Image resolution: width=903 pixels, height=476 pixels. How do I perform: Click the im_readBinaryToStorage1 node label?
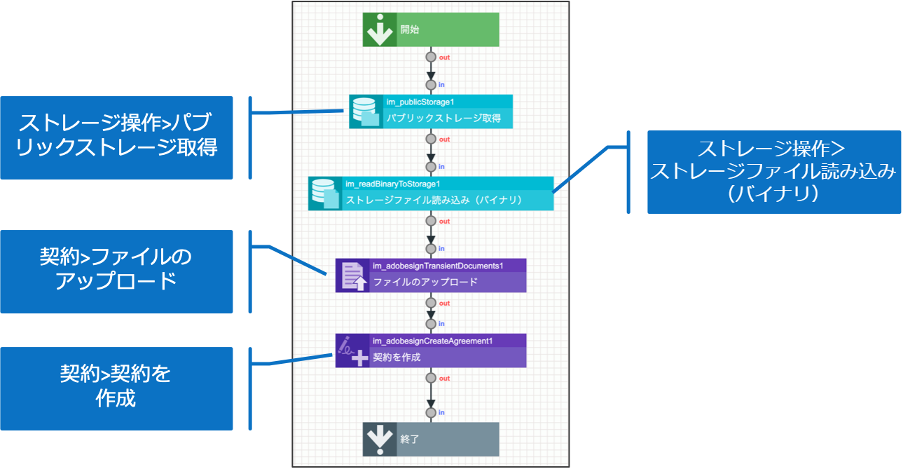coord(392,184)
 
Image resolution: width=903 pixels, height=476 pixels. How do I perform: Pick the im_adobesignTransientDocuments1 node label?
coord(438,266)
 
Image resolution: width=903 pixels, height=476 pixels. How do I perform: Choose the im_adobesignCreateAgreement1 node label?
coord(433,341)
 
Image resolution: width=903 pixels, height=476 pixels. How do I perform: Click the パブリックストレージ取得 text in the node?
coord(443,118)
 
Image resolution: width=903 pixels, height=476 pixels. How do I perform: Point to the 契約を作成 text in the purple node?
coord(397,357)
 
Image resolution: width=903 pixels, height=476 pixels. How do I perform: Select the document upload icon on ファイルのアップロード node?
coord(352,276)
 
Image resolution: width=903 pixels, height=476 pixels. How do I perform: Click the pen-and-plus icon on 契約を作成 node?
coord(352,351)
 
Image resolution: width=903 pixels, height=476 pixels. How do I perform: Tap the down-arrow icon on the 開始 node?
coord(380,30)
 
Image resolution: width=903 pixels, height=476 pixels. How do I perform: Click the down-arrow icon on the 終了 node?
coord(380,440)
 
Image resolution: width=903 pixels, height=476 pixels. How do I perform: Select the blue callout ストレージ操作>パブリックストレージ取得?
coord(116,137)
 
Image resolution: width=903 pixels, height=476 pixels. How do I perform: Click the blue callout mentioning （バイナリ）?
coord(773,172)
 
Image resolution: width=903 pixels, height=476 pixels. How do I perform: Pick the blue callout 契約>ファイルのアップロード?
coord(116,271)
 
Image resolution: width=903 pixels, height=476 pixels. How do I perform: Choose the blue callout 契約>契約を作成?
coord(116,388)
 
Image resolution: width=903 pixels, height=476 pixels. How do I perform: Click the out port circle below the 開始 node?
coord(431,57)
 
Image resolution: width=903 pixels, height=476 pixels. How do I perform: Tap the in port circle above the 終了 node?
coord(431,412)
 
